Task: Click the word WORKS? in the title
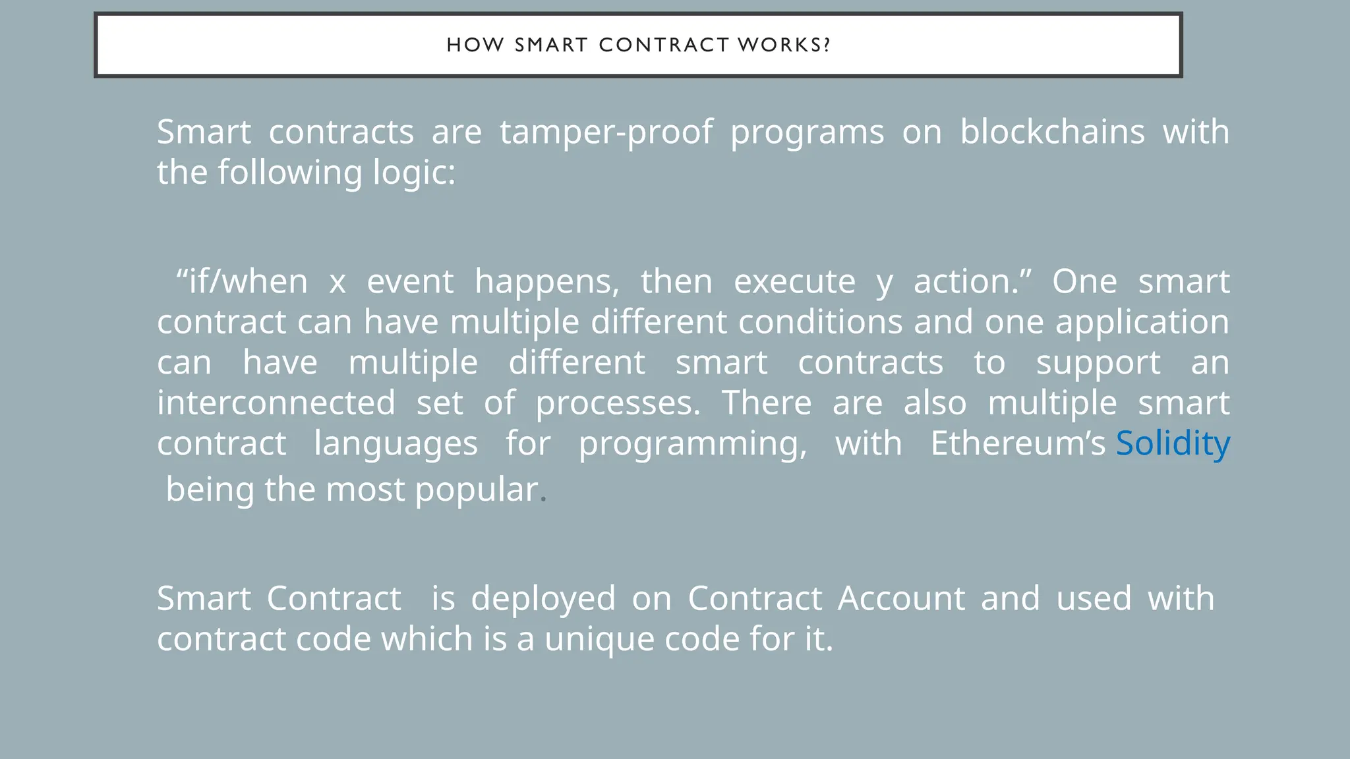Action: [784, 45]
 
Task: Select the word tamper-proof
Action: [606, 132]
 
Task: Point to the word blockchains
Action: [1052, 132]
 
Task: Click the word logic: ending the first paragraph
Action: [415, 173]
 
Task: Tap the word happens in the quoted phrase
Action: [546, 282]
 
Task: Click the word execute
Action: [794, 281]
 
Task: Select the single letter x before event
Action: [337, 283]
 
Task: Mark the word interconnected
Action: [276, 403]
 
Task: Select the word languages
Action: [396, 444]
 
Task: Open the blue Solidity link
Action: [1172, 443]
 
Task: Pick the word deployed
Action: [543, 599]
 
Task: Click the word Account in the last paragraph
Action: [901, 598]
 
